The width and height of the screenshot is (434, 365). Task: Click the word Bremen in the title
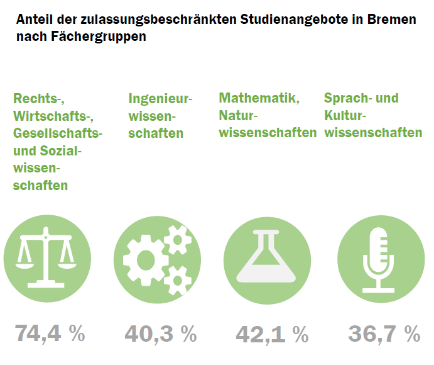pyautogui.click(x=392, y=20)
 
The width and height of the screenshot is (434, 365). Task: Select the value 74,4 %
pyautogui.click(x=50, y=334)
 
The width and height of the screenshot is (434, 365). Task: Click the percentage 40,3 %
pyautogui.click(x=160, y=334)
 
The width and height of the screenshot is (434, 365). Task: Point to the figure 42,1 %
pyautogui.click(x=272, y=334)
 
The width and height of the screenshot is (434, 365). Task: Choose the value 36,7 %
pyautogui.click(x=384, y=334)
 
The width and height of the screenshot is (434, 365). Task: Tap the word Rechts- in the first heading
pyautogui.click(x=39, y=99)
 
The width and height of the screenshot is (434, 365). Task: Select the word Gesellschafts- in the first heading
pyautogui.click(x=58, y=133)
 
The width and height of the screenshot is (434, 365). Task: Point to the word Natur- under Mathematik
pyautogui.click(x=239, y=116)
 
